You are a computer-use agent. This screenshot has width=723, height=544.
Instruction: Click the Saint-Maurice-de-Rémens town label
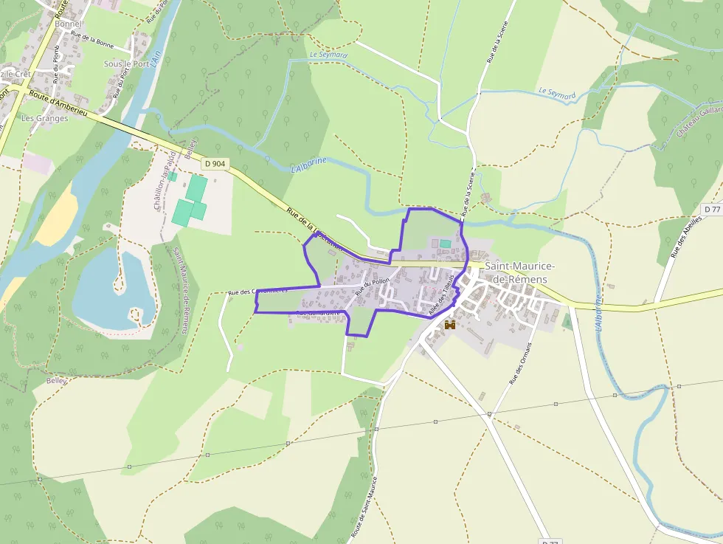520,272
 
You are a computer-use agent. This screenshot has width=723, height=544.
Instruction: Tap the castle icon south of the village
449,324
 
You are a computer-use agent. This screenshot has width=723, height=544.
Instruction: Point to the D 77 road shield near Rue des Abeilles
712,210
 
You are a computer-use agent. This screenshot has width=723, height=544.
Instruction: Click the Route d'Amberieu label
59,102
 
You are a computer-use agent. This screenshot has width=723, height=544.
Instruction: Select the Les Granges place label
44,118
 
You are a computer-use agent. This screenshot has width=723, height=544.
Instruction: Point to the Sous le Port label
126,64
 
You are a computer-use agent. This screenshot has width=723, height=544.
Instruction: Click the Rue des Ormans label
520,365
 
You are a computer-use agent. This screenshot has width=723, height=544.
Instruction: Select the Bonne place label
69,24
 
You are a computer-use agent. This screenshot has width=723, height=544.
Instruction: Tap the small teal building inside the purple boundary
445,244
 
